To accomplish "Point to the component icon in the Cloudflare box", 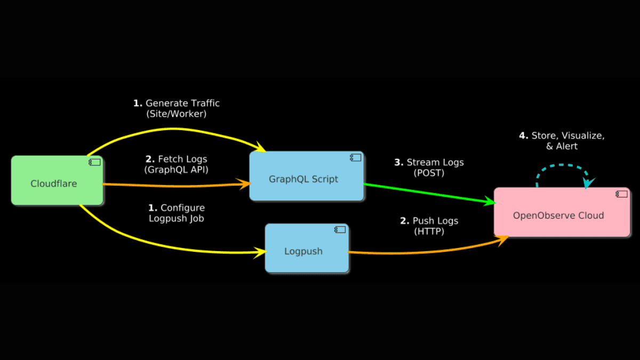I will point(95,162).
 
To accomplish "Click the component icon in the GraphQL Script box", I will point(355,157).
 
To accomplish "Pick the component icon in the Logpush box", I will point(340,230).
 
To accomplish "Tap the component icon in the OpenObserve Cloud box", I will point(621,194).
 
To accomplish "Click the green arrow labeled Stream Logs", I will point(427,193).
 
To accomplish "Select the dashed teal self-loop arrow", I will point(563,166).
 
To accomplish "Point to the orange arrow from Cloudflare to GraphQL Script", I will point(176,185).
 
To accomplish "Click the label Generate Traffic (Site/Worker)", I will point(176,108).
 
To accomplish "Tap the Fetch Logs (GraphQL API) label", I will point(176,164).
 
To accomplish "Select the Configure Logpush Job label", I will point(176,213).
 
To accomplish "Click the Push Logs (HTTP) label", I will point(429,226).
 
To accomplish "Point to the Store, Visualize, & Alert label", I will point(562,141).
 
